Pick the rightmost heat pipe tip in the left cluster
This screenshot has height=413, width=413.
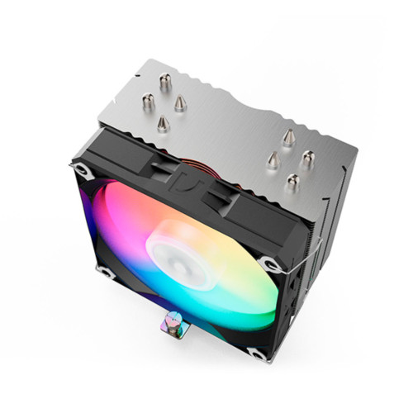click(x=180, y=102)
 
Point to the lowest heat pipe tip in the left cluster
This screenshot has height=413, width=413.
click(x=162, y=123)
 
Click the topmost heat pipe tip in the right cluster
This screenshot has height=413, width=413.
click(x=288, y=136)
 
